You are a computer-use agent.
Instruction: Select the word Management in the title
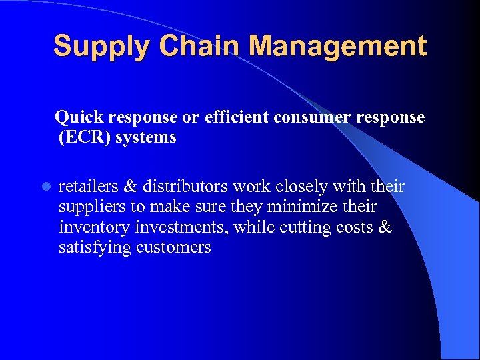point(340,47)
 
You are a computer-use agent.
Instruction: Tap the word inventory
point(94,227)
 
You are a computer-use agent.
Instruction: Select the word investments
point(182,227)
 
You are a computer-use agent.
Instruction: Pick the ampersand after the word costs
point(385,227)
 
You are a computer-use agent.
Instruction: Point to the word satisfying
point(95,248)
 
